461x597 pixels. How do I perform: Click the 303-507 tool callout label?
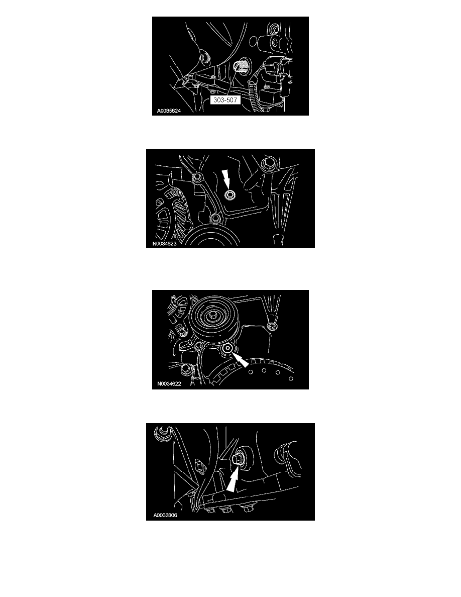click(225, 100)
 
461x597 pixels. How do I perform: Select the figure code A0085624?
click(169, 111)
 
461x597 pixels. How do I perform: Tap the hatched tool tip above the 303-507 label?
click(242, 67)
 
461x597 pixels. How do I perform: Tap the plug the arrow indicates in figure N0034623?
click(229, 195)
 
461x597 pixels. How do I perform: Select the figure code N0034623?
click(165, 244)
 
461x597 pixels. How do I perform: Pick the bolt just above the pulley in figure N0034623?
click(215, 219)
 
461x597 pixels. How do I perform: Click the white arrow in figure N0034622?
click(241, 359)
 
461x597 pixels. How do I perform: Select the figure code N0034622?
click(169, 384)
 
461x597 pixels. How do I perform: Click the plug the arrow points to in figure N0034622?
click(227, 348)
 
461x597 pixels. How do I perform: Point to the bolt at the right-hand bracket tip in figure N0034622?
click(271, 326)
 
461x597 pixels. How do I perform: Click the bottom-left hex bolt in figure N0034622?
click(186, 368)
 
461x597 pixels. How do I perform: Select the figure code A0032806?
click(165, 516)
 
